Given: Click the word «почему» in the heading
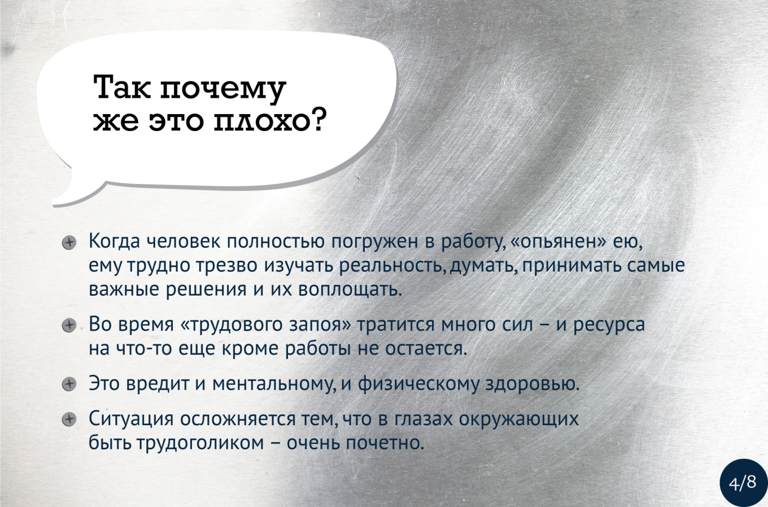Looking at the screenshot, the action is click(223, 89).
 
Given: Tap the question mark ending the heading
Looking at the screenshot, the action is click(314, 120).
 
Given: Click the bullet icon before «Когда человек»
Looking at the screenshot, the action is click(69, 243).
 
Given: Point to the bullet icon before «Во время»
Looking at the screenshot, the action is click(69, 326).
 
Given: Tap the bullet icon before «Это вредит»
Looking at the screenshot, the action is click(69, 384).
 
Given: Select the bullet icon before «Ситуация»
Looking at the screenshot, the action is click(69, 420).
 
